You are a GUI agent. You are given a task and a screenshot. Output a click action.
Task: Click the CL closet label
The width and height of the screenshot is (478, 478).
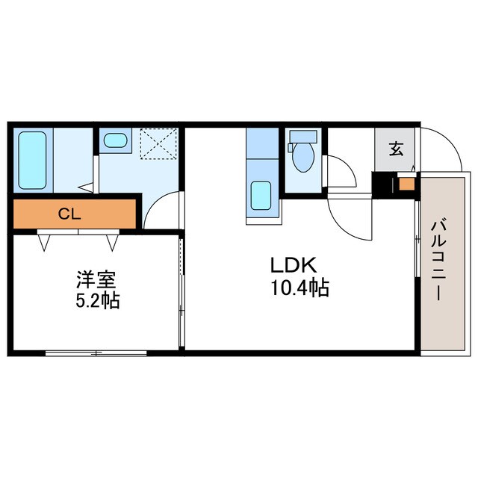[69, 214]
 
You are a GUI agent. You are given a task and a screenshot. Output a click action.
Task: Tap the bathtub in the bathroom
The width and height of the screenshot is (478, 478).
[32, 161]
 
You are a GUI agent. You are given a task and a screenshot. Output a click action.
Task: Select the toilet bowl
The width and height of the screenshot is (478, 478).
[302, 157]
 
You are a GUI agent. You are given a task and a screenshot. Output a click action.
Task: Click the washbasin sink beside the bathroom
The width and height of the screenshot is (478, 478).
[115, 140]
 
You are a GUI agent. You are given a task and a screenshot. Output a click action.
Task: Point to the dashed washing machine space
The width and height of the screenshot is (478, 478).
[158, 143]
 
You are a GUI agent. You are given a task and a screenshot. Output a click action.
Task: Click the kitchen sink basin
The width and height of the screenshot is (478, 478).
[261, 196]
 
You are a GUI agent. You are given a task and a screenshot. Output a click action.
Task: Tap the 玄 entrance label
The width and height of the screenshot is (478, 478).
[395, 149]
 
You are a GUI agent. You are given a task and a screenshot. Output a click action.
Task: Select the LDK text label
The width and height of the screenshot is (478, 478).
[294, 265]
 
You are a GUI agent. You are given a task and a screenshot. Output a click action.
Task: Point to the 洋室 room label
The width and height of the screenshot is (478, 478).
[96, 280]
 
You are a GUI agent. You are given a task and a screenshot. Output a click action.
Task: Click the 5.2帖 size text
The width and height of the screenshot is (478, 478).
[97, 300]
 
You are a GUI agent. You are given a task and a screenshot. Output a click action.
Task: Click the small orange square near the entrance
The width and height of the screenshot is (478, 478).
[406, 184]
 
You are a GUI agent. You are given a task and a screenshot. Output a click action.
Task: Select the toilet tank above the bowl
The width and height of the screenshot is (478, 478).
[303, 137]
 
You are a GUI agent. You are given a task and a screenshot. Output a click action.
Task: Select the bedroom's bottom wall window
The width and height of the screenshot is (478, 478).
[96, 353]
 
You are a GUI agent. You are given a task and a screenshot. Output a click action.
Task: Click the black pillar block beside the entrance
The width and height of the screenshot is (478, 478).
[382, 185]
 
